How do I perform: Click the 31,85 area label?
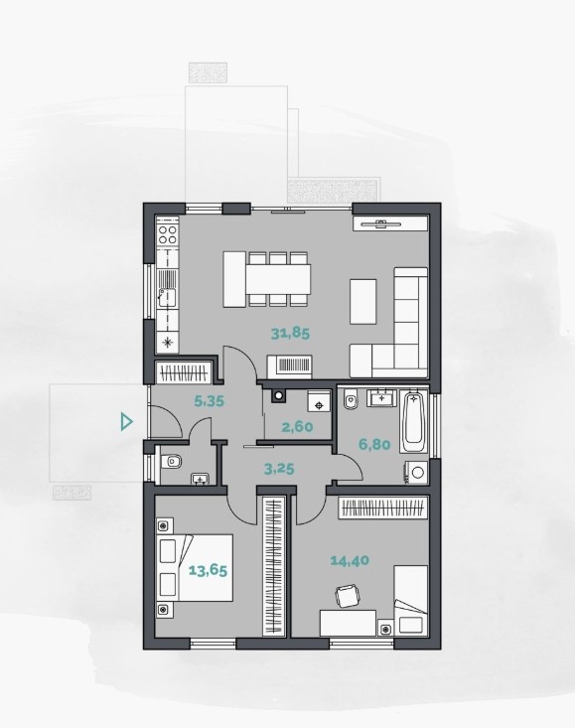(290, 334)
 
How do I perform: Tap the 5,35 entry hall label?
(209, 400)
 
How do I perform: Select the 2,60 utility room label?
(297, 426)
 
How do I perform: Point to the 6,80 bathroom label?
(374, 444)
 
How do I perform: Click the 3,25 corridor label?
(279, 469)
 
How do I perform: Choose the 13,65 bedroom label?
(208, 570)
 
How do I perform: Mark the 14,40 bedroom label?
(350, 560)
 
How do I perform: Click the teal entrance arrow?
(126, 421)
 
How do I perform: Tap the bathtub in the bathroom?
(413, 422)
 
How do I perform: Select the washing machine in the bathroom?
(416, 473)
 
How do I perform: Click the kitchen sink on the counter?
(167, 298)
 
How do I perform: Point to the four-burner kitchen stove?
(168, 234)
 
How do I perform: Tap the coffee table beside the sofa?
(362, 301)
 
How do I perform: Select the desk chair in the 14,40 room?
(348, 596)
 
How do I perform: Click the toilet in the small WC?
(171, 462)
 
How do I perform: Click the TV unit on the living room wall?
(390, 223)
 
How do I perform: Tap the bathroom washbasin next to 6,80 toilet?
(381, 398)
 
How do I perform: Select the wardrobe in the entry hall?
(185, 372)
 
